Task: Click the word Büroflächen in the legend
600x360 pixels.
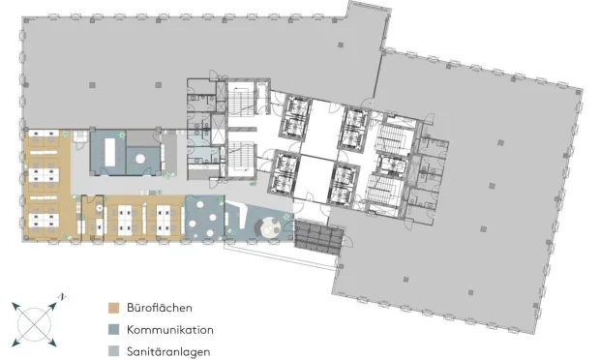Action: coord(160,308)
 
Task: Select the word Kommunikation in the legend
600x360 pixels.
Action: coord(170,330)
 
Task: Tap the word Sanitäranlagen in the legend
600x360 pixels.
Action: coord(168,351)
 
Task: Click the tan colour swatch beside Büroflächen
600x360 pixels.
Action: coord(113,308)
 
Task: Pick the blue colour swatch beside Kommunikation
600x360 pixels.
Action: coord(113,330)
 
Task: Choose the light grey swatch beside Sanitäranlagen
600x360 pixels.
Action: coord(113,351)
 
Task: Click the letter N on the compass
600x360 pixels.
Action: coord(62,297)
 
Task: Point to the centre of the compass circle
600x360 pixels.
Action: coord(35,324)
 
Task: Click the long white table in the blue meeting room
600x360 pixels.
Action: coord(110,152)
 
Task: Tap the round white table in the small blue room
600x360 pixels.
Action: coord(140,158)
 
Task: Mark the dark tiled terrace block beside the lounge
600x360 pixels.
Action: coord(318,237)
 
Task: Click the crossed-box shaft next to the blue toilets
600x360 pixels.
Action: coord(218,129)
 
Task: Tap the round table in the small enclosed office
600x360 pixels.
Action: coord(100,208)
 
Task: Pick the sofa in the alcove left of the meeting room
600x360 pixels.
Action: coord(80,136)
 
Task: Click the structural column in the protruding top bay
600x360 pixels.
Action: coord(341,45)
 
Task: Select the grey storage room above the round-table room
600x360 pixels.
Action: coord(142,138)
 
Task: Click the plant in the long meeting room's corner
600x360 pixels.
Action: coord(122,135)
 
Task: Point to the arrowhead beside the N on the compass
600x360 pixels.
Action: coord(52,306)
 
